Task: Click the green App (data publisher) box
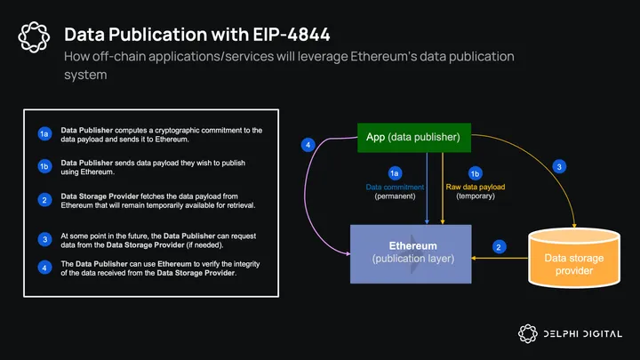[x=412, y=137]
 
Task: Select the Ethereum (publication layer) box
[x=412, y=252]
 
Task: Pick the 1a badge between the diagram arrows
[x=395, y=172]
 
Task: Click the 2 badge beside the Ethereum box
[x=500, y=246]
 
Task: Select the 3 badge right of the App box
[x=558, y=166]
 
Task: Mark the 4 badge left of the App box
[x=308, y=144]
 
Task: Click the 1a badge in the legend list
[x=44, y=134]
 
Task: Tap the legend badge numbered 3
[x=44, y=238]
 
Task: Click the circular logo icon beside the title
[x=34, y=36]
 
